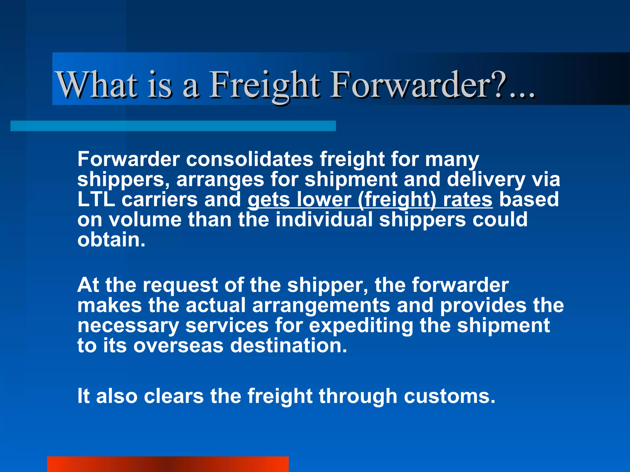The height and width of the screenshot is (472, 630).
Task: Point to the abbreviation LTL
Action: click(x=96, y=199)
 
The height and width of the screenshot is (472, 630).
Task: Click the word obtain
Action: click(x=111, y=240)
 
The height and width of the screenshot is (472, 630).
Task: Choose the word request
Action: click(x=180, y=285)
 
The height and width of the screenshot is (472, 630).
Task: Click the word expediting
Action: click(x=361, y=326)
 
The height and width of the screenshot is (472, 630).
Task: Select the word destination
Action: click(x=289, y=346)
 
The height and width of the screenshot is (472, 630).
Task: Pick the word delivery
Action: click(x=486, y=179)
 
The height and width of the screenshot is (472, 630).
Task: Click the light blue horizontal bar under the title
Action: click(x=173, y=126)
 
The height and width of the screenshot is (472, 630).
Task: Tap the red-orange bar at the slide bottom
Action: click(x=168, y=464)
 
